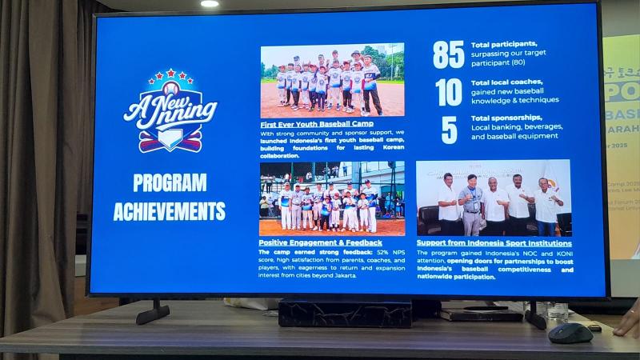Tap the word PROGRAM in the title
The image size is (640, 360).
[170, 182]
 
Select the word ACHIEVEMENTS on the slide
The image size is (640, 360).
[170, 211]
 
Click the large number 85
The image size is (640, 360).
[448, 54]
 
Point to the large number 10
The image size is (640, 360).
[449, 92]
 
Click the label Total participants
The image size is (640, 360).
[504, 45]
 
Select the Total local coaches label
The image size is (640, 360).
[506, 82]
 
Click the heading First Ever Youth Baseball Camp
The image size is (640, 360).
[317, 124]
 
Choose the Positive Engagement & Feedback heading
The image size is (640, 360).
[319, 242]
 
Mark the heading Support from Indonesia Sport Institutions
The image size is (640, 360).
[494, 242]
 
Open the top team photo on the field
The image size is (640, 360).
[332, 81]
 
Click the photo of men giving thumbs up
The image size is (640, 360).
[494, 198]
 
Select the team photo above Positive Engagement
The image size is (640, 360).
[330, 199]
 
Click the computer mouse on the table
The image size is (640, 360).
[570, 332]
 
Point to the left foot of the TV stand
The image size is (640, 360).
[153, 313]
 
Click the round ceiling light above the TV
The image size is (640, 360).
[210, 4]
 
